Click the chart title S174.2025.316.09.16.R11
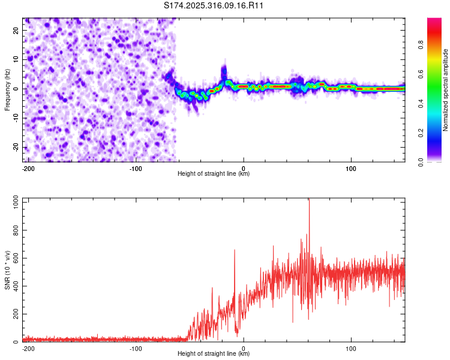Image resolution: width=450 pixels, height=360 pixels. coord(214,5)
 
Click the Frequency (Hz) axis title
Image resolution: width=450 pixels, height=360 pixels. coord(8,89)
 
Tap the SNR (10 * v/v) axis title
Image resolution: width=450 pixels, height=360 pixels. coord(8,271)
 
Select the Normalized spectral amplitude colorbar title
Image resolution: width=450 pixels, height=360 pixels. coord(446,90)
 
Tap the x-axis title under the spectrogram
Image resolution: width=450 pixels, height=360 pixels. coord(214,174)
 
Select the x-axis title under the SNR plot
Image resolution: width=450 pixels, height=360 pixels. coord(214,354)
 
